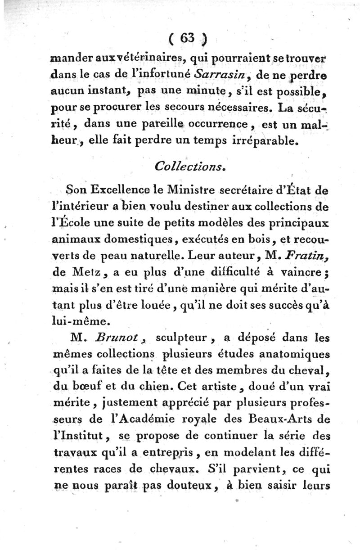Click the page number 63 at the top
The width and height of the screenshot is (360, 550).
(189, 40)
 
